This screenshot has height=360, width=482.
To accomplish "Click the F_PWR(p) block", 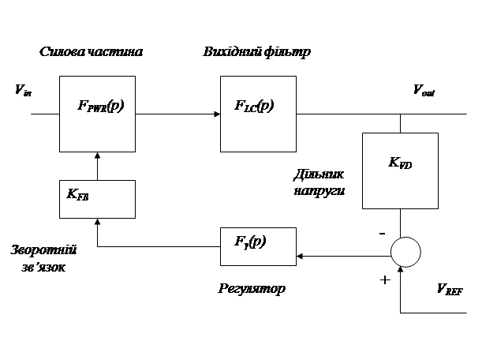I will (97, 113).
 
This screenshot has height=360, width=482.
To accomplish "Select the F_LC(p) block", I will (258, 113).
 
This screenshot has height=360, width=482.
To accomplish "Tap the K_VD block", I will (399, 170).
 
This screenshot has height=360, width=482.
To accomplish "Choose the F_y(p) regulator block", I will (258, 246).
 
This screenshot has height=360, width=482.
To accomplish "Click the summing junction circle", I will (406, 253).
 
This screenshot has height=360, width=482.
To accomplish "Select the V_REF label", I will (449, 291).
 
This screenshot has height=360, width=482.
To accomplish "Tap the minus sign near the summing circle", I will (382, 233).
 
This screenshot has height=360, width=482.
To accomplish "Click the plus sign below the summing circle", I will (384, 280).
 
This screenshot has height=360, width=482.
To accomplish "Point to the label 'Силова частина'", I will (92, 53).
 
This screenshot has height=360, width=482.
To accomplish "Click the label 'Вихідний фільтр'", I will (258, 53).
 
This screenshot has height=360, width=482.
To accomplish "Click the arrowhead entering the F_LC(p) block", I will (217, 114).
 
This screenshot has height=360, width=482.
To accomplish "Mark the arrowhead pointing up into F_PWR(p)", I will (97, 156).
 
